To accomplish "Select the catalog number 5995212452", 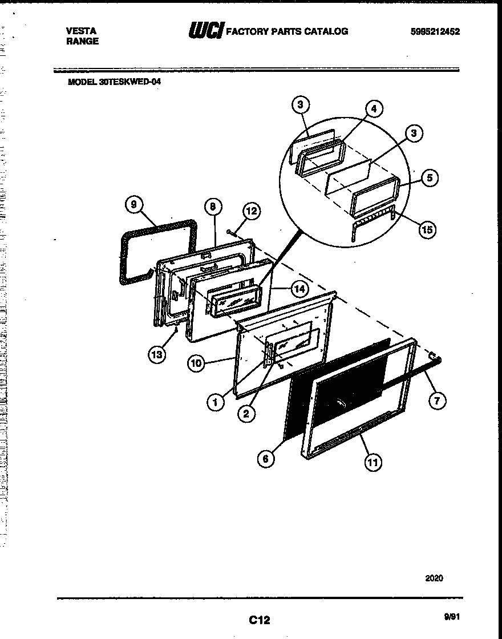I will point(435,32).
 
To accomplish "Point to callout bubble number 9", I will point(133,205).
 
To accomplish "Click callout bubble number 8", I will point(212,206).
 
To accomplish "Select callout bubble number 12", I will point(251,211).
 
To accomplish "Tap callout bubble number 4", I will point(373,108).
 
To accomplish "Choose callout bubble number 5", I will point(429,178).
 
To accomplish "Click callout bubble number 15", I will point(426,229).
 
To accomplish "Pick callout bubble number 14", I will point(299,289).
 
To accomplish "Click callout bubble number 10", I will point(196,363).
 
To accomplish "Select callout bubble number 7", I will point(436,401).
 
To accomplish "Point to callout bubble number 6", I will point(265,458).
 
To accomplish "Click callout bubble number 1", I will point(215,402).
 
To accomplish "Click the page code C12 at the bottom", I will point(259,620).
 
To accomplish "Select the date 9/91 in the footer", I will point(451,616).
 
